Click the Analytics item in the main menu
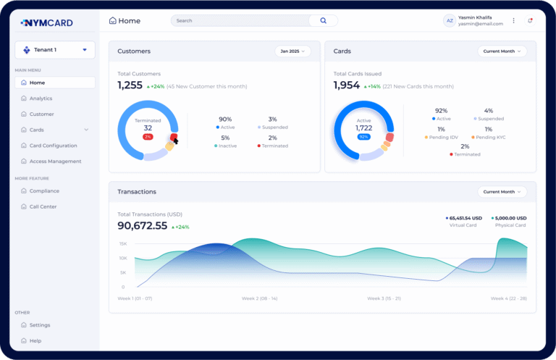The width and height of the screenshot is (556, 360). tap(41, 99)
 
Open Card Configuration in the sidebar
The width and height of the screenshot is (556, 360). tap(53, 146)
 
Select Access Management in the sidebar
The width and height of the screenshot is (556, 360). tap(55, 162)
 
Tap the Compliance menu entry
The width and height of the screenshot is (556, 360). tap(44, 191)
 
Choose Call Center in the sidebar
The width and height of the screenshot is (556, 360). tap(43, 207)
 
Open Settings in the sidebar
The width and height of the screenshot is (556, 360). tap(40, 325)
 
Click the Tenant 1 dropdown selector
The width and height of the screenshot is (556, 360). tap(55, 50)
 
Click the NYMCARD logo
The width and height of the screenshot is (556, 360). tap(47, 22)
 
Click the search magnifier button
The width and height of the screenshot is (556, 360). tap(323, 21)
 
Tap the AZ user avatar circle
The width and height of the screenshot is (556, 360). tap(450, 21)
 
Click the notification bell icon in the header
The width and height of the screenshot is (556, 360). tap(530, 21)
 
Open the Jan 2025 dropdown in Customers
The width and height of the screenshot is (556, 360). tap(292, 51)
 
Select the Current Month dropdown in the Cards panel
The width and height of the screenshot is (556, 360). tap(502, 51)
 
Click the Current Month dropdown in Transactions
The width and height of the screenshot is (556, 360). tap(502, 192)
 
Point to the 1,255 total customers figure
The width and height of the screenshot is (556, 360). tap(130, 85)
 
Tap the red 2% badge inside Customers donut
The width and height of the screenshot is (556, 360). tap(148, 136)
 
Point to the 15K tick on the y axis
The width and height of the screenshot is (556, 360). tap(123, 243)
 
